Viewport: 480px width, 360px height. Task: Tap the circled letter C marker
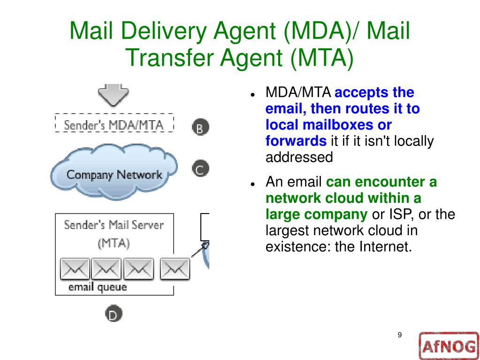(x=200, y=169)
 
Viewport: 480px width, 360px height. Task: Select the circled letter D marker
(x=113, y=314)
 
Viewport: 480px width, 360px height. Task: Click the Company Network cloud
(x=114, y=173)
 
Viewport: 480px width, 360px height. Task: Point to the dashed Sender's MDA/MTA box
(x=114, y=125)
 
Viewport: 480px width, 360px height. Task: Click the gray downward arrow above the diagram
(x=113, y=94)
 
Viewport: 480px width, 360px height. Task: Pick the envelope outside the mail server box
(x=175, y=269)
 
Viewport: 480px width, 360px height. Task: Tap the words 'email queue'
(x=98, y=287)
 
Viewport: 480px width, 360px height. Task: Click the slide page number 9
(x=400, y=335)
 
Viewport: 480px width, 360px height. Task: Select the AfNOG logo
(x=448, y=346)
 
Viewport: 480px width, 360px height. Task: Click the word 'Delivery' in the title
(x=169, y=31)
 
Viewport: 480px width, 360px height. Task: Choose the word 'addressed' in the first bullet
(x=299, y=157)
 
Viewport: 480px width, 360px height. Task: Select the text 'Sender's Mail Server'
(x=114, y=225)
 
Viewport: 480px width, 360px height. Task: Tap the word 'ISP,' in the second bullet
(x=400, y=214)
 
